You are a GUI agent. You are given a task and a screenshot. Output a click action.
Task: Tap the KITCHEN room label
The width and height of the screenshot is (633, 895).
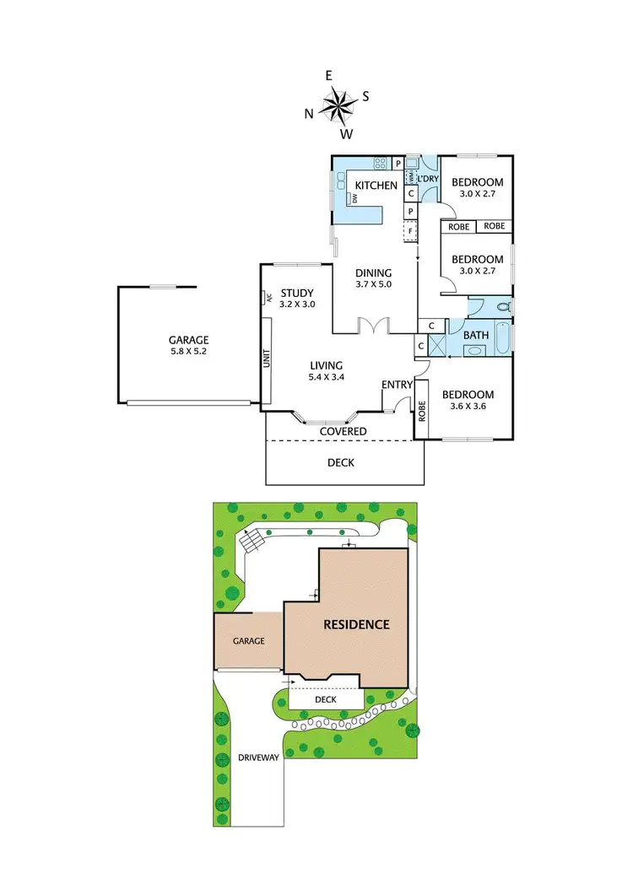(376, 186)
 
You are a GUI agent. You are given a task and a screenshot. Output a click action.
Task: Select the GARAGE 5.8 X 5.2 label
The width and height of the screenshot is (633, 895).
(187, 346)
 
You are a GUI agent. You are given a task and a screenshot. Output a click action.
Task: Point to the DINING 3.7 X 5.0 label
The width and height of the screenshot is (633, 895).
(373, 278)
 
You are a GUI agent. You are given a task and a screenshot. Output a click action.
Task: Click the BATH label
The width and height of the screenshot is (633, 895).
(476, 335)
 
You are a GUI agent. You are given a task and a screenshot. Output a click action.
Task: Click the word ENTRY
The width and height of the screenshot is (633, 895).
(397, 385)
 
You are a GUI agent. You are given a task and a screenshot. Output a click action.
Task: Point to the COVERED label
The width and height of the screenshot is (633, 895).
(343, 432)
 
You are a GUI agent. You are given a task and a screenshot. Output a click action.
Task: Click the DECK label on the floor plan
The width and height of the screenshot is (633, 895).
(340, 463)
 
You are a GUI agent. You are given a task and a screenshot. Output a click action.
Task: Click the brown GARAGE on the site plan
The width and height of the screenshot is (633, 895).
(248, 641)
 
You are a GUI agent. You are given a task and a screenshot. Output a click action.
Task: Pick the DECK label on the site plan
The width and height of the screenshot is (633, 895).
(326, 700)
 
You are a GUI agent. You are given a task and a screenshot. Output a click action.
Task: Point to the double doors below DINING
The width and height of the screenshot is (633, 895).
(373, 325)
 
